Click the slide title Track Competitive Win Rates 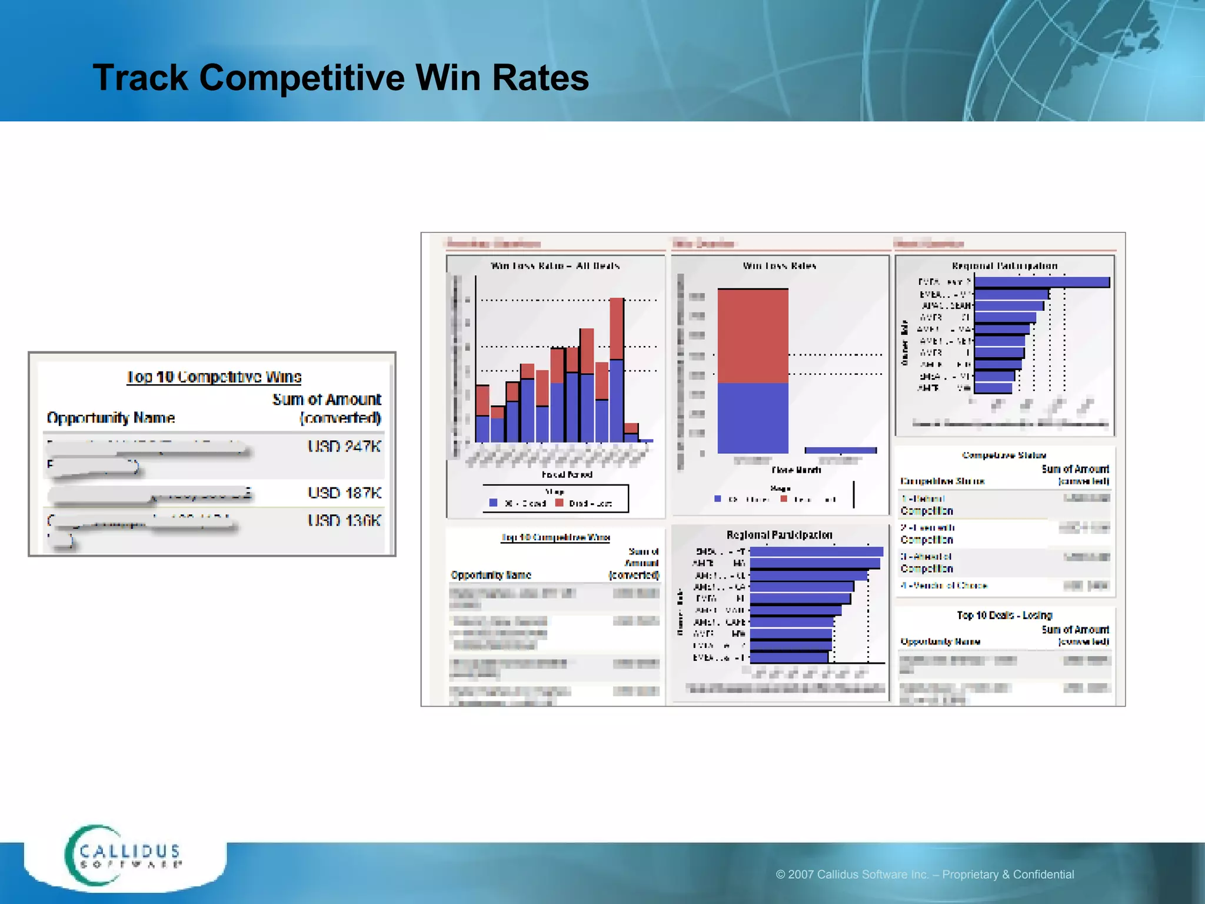pyautogui.click(x=341, y=78)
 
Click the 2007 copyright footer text pyautogui.click(x=924, y=875)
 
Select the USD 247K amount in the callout pyautogui.click(x=344, y=446)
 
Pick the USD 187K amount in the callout pyautogui.click(x=344, y=493)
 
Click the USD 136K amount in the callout pyautogui.click(x=344, y=520)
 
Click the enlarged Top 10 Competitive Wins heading pyautogui.click(x=214, y=377)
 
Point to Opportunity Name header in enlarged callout pyautogui.click(x=111, y=418)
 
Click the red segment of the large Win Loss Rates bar pyautogui.click(x=753, y=335)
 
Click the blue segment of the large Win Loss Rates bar pyautogui.click(x=753, y=418)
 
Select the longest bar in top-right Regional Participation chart pyautogui.click(x=1041, y=282)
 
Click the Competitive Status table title pyautogui.click(x=1004, y=455)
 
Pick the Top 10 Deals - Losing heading pyautogui.click(x=1004, y=615)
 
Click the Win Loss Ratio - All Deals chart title pyautogui.click(x=555, y=266)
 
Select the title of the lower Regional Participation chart pyautogui.click(x=779, y=535)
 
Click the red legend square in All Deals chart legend pyautogui.click(x=559, y=503)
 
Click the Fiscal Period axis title pyautogui.click(x=567, y=474)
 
